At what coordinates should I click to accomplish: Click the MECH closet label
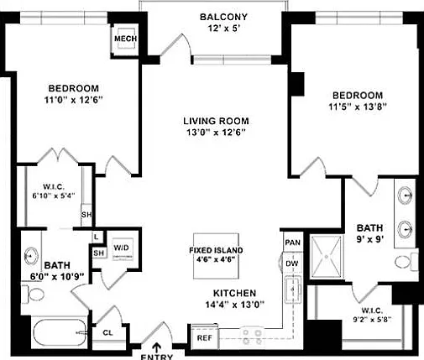pos(125,39)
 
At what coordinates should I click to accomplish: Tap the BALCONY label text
pos(223,17)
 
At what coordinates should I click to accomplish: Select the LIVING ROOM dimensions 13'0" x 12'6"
pos(216,133)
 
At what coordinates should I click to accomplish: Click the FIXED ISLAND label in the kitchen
pos(216,250)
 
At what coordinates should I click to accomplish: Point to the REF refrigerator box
pos(205,337)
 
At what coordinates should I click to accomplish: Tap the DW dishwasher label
pos(292,263)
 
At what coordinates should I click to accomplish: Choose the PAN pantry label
pos(293,243)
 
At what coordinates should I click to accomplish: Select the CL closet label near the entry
pos(107,333)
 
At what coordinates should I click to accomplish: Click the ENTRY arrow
pos(156,347)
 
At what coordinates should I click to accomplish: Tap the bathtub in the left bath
pos(60,333)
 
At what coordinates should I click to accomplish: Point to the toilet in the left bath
pos(33,295)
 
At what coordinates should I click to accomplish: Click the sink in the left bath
pos(31,256)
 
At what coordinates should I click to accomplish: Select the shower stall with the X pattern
pos(327,257)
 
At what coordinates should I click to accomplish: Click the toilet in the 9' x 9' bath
pos(406,262)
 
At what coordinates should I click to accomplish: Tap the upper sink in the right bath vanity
pos(406,195)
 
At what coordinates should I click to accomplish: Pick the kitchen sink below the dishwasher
pos(293,290)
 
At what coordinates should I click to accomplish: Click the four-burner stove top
pos(252,337)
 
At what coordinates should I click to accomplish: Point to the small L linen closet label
pos(97,237)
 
